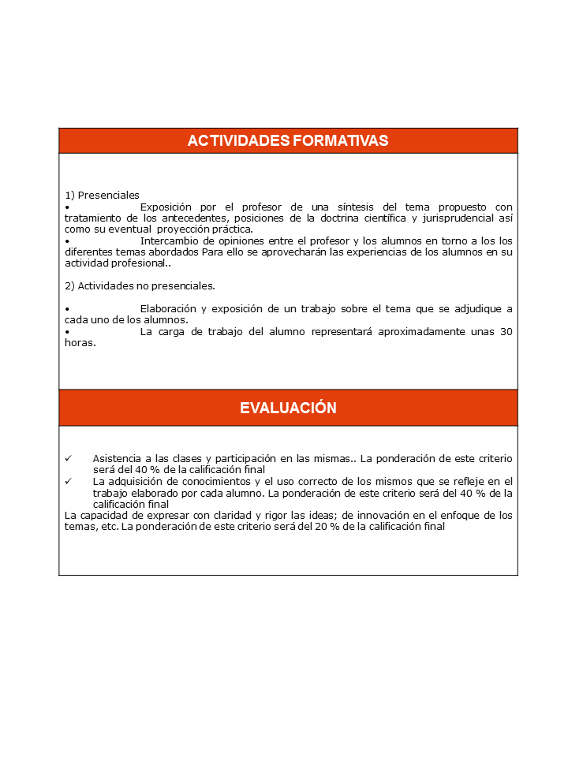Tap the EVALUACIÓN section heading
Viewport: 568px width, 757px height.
(288, 408)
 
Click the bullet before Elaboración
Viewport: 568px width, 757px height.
(67, 308)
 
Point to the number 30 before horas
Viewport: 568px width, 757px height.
(505, 331)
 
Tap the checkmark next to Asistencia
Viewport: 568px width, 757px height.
(69, 458)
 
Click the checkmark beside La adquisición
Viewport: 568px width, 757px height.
(69, 481)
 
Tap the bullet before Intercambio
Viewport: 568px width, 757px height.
(67, 241)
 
